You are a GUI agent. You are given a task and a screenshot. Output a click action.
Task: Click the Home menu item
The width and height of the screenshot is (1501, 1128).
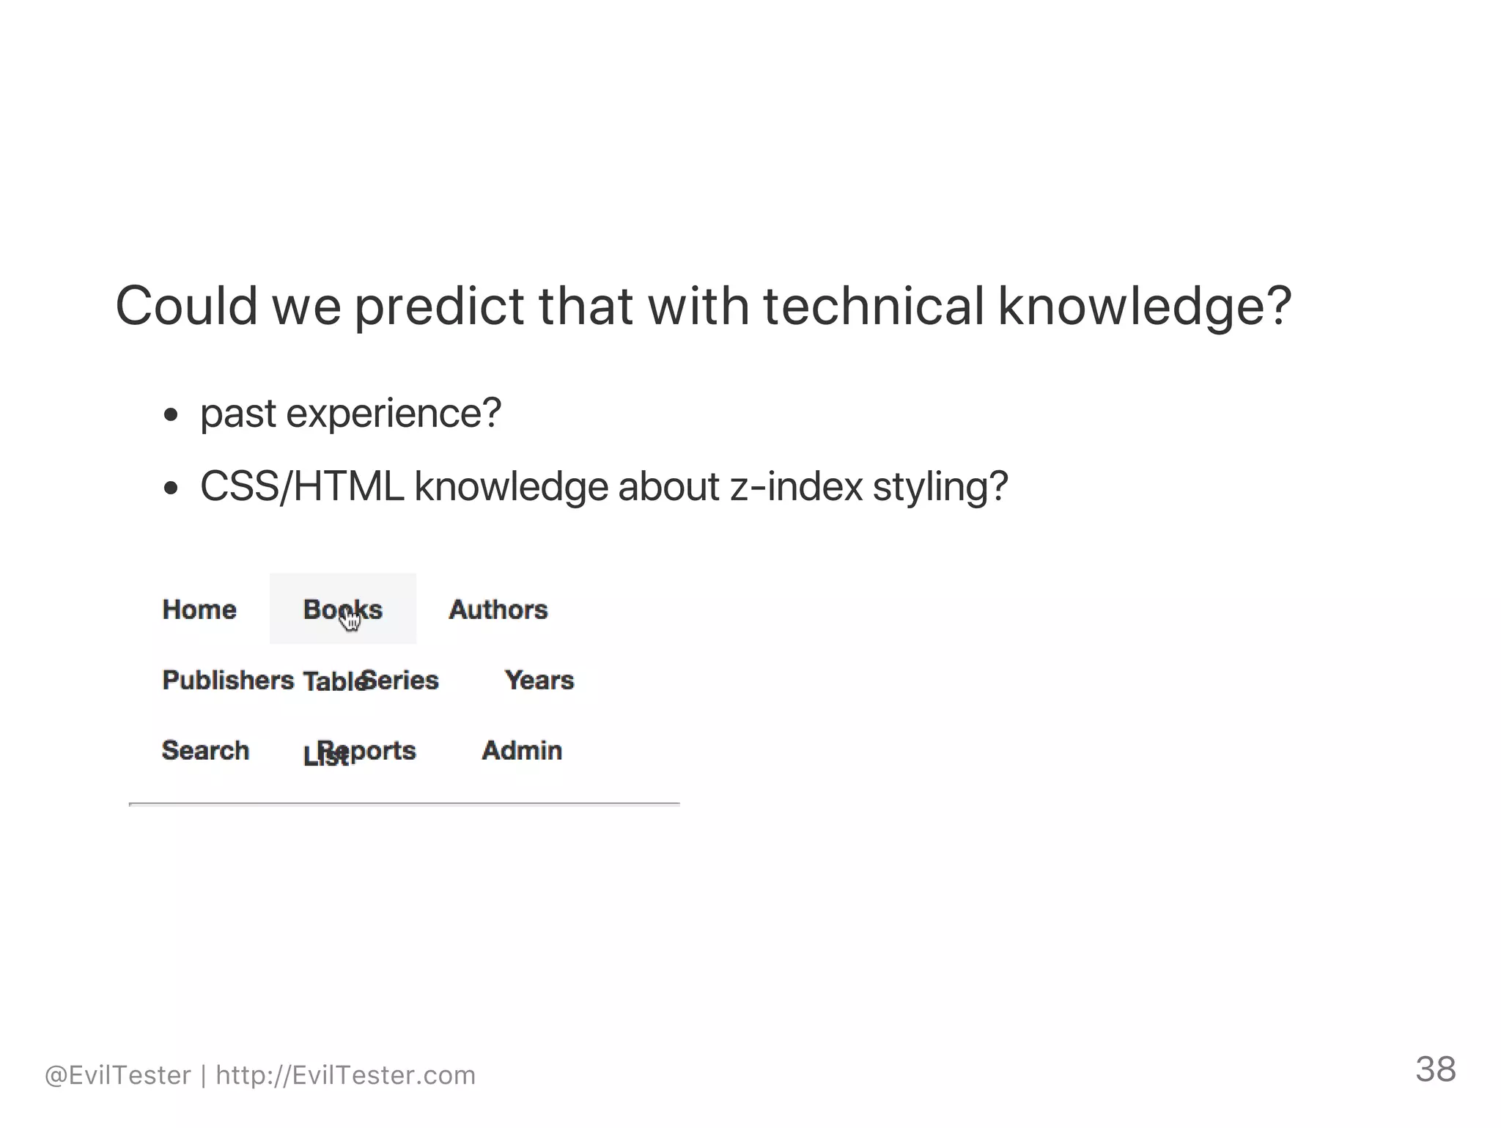tap(199, 609)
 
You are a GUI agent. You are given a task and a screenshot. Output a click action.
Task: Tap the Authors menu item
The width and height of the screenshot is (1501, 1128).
tap(498, 609)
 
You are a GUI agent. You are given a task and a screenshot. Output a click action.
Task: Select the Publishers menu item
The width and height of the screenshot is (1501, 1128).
tap(228, 680)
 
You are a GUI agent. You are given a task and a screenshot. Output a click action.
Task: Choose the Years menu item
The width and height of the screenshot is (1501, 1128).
tap(539, 680)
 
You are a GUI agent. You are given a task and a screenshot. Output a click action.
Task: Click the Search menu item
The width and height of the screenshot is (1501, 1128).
tap(205, 750)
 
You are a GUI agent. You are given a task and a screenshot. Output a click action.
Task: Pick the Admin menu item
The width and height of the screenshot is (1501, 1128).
tap(522, 750)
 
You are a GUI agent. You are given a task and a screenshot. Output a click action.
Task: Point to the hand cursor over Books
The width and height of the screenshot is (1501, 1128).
tap(350, 620)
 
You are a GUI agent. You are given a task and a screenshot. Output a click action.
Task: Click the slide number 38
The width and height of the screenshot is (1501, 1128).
tap(1435, 1069)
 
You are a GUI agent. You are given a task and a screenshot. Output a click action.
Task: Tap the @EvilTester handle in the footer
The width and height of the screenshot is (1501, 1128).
tap(118, 1075)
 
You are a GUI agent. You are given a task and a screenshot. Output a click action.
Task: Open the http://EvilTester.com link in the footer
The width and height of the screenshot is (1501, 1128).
tap(346, 1075)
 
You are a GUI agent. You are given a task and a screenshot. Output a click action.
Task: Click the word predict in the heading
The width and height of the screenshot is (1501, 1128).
tap(439, 307)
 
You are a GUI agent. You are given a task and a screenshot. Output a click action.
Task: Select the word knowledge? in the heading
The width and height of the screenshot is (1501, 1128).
tap(1144, 307)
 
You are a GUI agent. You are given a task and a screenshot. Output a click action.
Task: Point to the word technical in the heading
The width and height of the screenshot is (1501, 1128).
tap(873, 307)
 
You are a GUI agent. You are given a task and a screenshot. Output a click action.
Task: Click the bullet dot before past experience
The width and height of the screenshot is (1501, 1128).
tap(171, 416)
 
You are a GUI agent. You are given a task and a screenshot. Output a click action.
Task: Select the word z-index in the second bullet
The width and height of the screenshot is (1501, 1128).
tap(796, 487)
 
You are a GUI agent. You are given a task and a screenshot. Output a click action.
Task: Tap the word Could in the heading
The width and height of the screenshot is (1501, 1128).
tap(187, 307)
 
